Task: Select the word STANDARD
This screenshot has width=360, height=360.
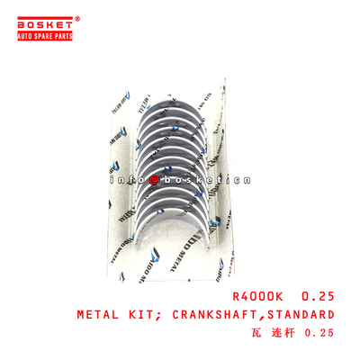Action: tap(301, 316)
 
